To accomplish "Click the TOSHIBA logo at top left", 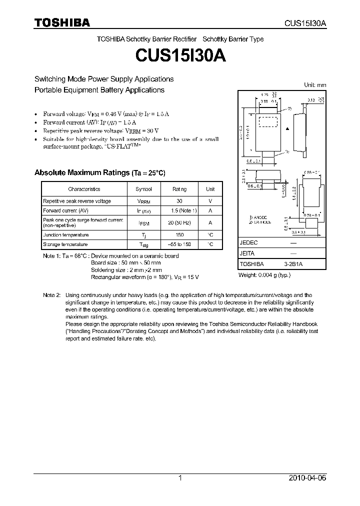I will click(62, 23).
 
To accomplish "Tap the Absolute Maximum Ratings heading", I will click(99, 172).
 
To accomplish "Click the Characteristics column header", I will click(84, 189).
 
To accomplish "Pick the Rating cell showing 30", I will click(179, 201).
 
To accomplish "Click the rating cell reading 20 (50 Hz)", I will click(179, 222).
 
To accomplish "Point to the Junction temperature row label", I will click(65, 235).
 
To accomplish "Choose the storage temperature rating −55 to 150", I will click(179, 244).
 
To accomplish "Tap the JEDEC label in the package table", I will click(249, 242).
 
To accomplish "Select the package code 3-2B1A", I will click(294, 264).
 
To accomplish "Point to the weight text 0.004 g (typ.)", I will click(263, 275).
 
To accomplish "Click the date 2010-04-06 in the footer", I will click(307, 478).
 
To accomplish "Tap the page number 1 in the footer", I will click(180, 478).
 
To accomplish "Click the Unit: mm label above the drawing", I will click(315, 85).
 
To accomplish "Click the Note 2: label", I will click(51, 295).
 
